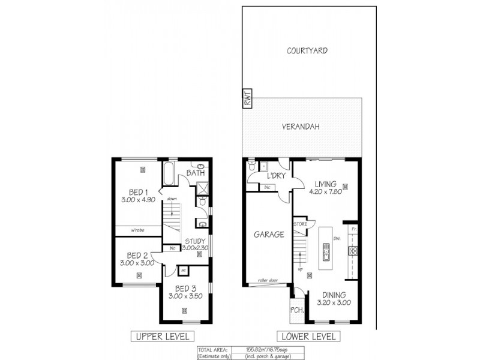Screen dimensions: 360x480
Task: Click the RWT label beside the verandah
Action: (x=247, y=99)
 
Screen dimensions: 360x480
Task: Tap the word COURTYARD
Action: (x=307, y=51)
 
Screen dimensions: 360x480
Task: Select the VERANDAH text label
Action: (x=302, y=127)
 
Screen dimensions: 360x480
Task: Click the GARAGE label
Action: (x=268, y=235)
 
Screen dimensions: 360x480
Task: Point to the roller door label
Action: (x=268, y=280)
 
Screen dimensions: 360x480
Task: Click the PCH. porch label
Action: (x=296, y=310)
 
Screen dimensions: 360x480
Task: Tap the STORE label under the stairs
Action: (x=301, y=224)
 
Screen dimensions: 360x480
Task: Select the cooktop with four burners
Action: (x=354, y=251)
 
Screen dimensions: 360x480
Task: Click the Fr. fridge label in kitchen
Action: (x=354, y=230)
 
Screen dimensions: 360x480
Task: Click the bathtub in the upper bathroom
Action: (x=169, y=174)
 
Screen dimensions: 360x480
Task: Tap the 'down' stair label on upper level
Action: (x=172, y=199)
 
